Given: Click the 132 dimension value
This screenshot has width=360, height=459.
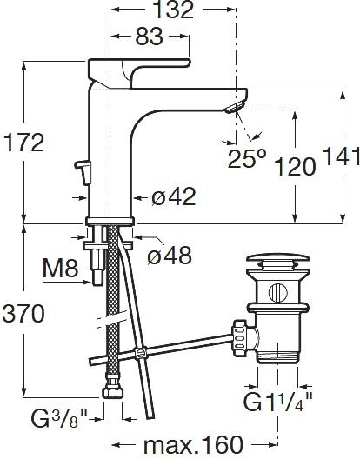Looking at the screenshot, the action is pyautogui.click(x=173, y=10).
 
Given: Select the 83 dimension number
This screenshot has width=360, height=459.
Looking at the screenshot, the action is pyautogui.click(x=149, y=37).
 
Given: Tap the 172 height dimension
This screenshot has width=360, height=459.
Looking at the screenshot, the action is pyautogui.click(x=23, y=143).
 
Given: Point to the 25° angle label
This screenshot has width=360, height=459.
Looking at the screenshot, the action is pyautogui.click(x=247, y=158).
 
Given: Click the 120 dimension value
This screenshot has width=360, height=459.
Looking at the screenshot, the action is pyautogui.click(x=296, y=167).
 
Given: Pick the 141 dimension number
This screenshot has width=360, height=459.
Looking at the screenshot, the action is pyautogui.click(x=341, y=156).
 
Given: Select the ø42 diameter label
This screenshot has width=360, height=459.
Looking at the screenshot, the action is pyautogui.click(x=173, y=196).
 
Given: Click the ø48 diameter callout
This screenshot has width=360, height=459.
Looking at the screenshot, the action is pyautogui.click(x=170, y=255).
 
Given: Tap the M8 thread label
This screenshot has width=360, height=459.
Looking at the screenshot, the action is pyautogui.click(x=60, y=269).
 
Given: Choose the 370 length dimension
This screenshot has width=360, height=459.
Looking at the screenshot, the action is pyautogui.click(x=23, y=313).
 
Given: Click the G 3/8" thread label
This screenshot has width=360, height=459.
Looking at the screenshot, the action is pyautogui.click(x=59, y=419).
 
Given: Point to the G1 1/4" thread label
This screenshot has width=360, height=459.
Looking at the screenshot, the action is pyautogui.click(x=278, y=402).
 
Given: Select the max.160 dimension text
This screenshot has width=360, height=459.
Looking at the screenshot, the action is pyautogui.click(x=193, y=445).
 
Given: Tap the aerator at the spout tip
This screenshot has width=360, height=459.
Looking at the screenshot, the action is pyautogui.click(x=235, y=106).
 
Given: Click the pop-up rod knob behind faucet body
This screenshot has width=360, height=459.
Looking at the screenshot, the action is pyautogui.click(x=83, y=172).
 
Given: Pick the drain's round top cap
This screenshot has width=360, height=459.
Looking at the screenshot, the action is pyautogui.click(x=277, y=258).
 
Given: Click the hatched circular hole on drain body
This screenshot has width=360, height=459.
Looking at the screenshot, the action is pyautogui.click(x=278, y=292).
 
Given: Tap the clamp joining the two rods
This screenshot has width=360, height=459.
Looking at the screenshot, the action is pyautogui.click(x=140, y=353).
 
